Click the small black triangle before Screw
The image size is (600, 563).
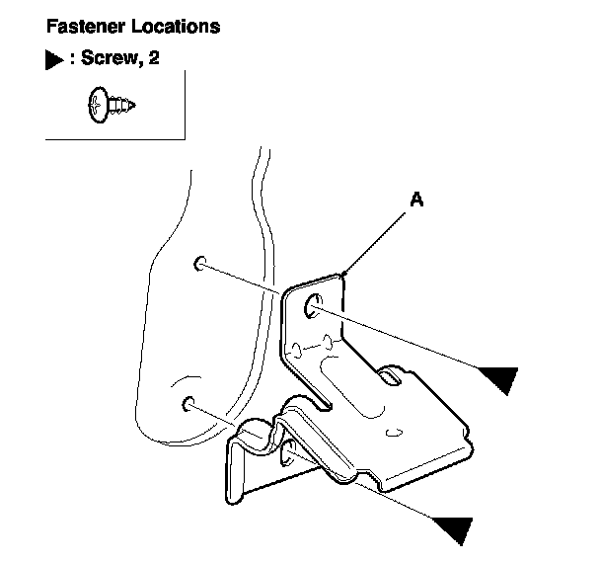tap(55, 61)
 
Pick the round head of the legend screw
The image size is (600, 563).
tap(98, 104)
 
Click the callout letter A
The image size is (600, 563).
tap(416, 201)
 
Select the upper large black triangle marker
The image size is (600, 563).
tap(499, 377)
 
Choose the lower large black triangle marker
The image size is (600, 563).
tap(451, 528)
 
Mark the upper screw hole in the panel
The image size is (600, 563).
tap(199, 263)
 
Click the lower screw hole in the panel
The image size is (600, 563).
tap(187, 403)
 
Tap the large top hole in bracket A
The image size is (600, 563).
tap(313, 307)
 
